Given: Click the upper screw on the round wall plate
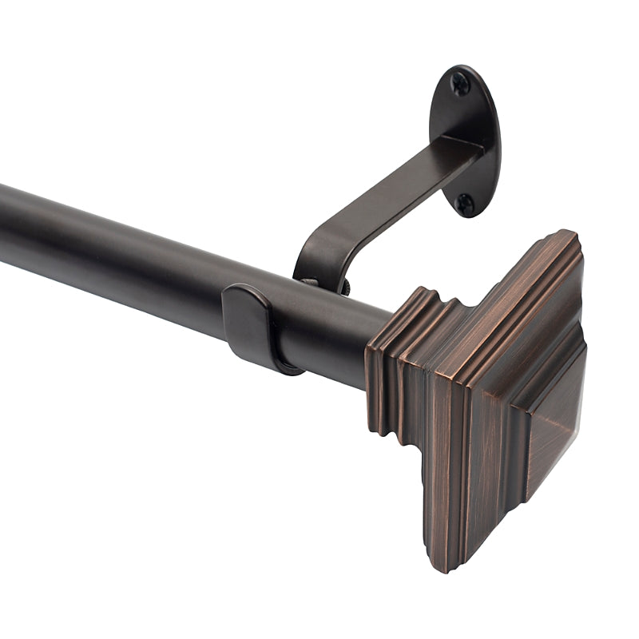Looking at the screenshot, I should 460,82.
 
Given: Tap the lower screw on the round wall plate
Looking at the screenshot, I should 464,202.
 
